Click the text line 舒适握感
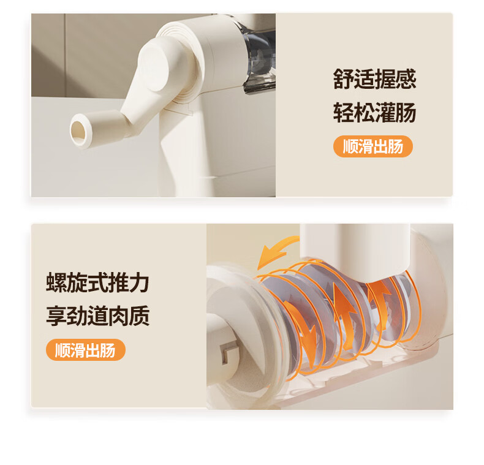click(x=374, y=79)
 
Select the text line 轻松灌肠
click(x=374, y=112)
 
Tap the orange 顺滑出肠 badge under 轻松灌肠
click(x=373, y=146)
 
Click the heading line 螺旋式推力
click(x=97, y=282)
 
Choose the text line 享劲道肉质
click(x=97, y=316)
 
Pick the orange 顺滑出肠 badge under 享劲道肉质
click(x=86, y=350)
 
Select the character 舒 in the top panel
click(x=343, y=79)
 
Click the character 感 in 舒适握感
click(x=406, y=79)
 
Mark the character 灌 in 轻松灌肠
click(x=385, y=112)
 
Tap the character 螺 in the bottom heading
click(x=56, y=282)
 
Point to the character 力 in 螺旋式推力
click(x=139, y=282)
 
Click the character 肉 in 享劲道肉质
click(x=118, y=316)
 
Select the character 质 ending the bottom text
click(x=139, y=316)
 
